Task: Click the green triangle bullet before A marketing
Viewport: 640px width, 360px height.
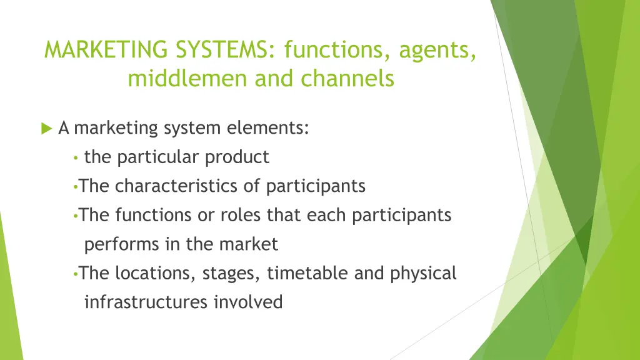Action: pyautogui.click(x=46, y=129)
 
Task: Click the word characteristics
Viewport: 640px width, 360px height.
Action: pyautogui.click(x=187, y=186)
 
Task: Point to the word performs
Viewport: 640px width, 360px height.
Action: pyautogui.click(x=122, y=244)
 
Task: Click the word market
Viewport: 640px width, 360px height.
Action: pyautogui.click(x=248, y=244)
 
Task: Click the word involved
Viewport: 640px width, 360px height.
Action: pyautogui.click(x=248, y=302)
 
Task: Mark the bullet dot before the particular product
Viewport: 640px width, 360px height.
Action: pyautogui.click(x=75, y=158)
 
